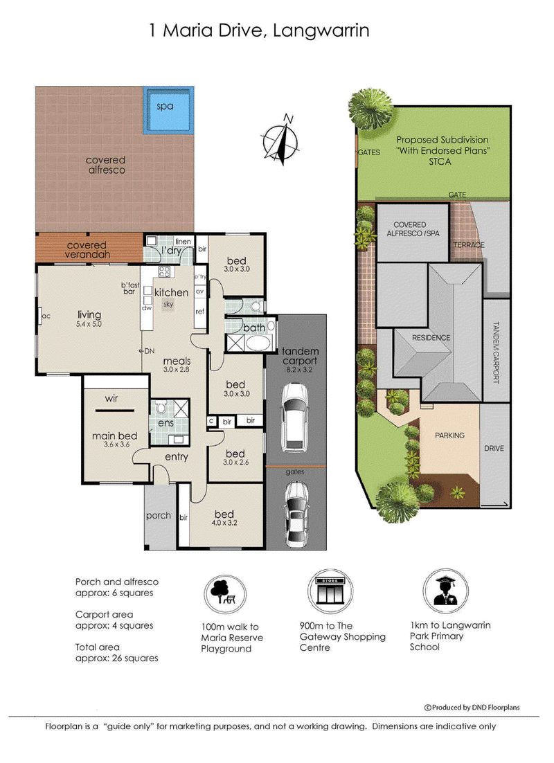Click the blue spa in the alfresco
click(168, 110)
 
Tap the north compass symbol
click(281, 140)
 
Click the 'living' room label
click(89, 315)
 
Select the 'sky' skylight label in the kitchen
click(168, 305)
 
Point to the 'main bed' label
click(115, 436)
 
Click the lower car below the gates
click(296, 514)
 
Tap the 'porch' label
click(159, 516)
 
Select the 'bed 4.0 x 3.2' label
click(224, 518)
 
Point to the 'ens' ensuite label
click(166, 423)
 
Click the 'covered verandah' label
click(88, 250)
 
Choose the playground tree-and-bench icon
click(224, 593)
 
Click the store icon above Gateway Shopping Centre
click(330, 591)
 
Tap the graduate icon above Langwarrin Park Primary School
click(446, 591)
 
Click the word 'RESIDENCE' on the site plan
click(431, 338)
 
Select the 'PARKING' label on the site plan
click(449, 436)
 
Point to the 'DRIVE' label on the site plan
click(494, 448)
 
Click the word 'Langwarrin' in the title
click(321, 30)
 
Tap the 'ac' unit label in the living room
click(46, 316)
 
